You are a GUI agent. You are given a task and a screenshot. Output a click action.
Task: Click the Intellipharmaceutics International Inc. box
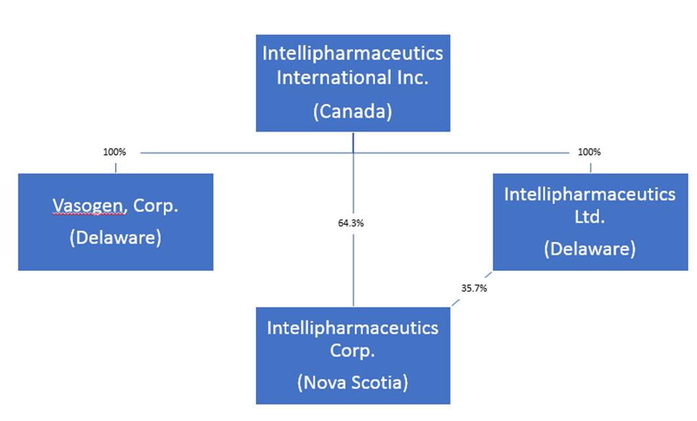coord(353,83)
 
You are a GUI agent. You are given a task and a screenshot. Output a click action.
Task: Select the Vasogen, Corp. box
coord(116,222)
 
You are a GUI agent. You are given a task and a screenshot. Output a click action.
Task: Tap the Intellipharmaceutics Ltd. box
coord(590,222)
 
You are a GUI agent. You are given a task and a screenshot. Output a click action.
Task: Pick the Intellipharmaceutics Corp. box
coord(353,355)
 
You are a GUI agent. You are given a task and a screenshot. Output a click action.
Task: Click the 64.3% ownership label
coord(350,224)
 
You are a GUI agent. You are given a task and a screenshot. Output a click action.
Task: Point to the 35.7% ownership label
coord(474,289)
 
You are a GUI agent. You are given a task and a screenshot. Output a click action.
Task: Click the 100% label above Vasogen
coord(115,152)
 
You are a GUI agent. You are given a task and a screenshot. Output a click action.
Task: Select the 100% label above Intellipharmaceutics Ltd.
coord(589,152)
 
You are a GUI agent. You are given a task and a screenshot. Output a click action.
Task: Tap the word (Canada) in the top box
coord(352,111)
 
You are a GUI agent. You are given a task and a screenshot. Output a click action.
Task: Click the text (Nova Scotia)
coord(352,382)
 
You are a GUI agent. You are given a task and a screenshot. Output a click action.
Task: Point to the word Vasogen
coord(88,206)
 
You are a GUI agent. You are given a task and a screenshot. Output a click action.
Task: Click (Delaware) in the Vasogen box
coord(116,237)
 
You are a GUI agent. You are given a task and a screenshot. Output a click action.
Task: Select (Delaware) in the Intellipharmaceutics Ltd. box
coord(590,249)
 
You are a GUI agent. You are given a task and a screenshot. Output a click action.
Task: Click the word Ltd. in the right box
coord(589,216)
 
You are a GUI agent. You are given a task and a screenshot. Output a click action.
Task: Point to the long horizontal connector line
coord(354,153)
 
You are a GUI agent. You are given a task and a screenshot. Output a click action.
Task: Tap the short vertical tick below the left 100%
coord(116,168)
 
